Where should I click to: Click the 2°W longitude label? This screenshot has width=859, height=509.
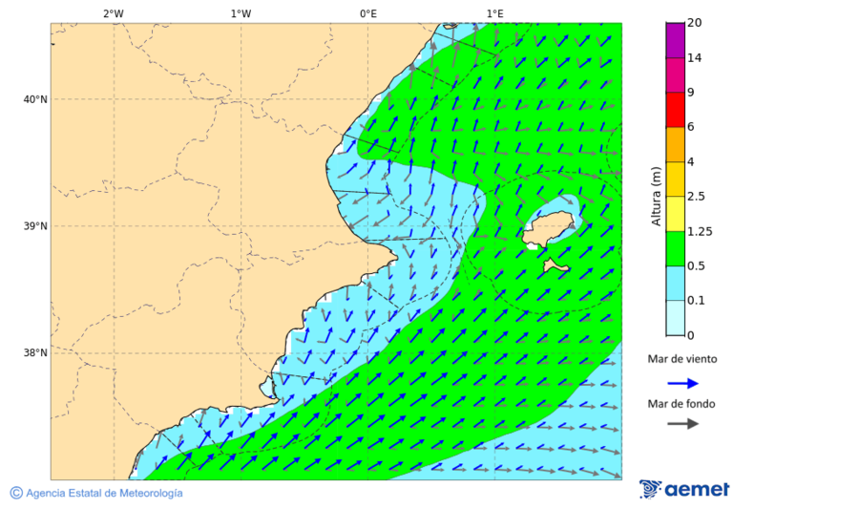click(113, 13)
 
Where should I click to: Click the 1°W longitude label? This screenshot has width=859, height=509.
click(241, 13)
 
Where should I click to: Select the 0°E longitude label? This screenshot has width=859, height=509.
click(367, 13)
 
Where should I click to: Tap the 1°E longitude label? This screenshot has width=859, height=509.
click(494, 13)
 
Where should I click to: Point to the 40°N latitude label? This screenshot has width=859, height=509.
click(34, 99)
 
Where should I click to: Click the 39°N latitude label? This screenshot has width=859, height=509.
click(34, 226)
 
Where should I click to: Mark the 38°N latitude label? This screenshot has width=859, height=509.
click(34, 352)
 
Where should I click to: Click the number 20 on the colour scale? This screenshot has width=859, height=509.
click(695, 23)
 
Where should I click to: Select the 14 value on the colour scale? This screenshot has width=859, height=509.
click(695, 58)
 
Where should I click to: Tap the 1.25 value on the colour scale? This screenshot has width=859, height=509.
click(701, 231)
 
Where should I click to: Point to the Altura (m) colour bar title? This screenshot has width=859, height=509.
click(656, 196)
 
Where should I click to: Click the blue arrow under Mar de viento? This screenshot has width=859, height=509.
click(682, 383)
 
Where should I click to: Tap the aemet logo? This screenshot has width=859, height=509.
click(684, 489)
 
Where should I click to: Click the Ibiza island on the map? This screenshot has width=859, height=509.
click(551, 228)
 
